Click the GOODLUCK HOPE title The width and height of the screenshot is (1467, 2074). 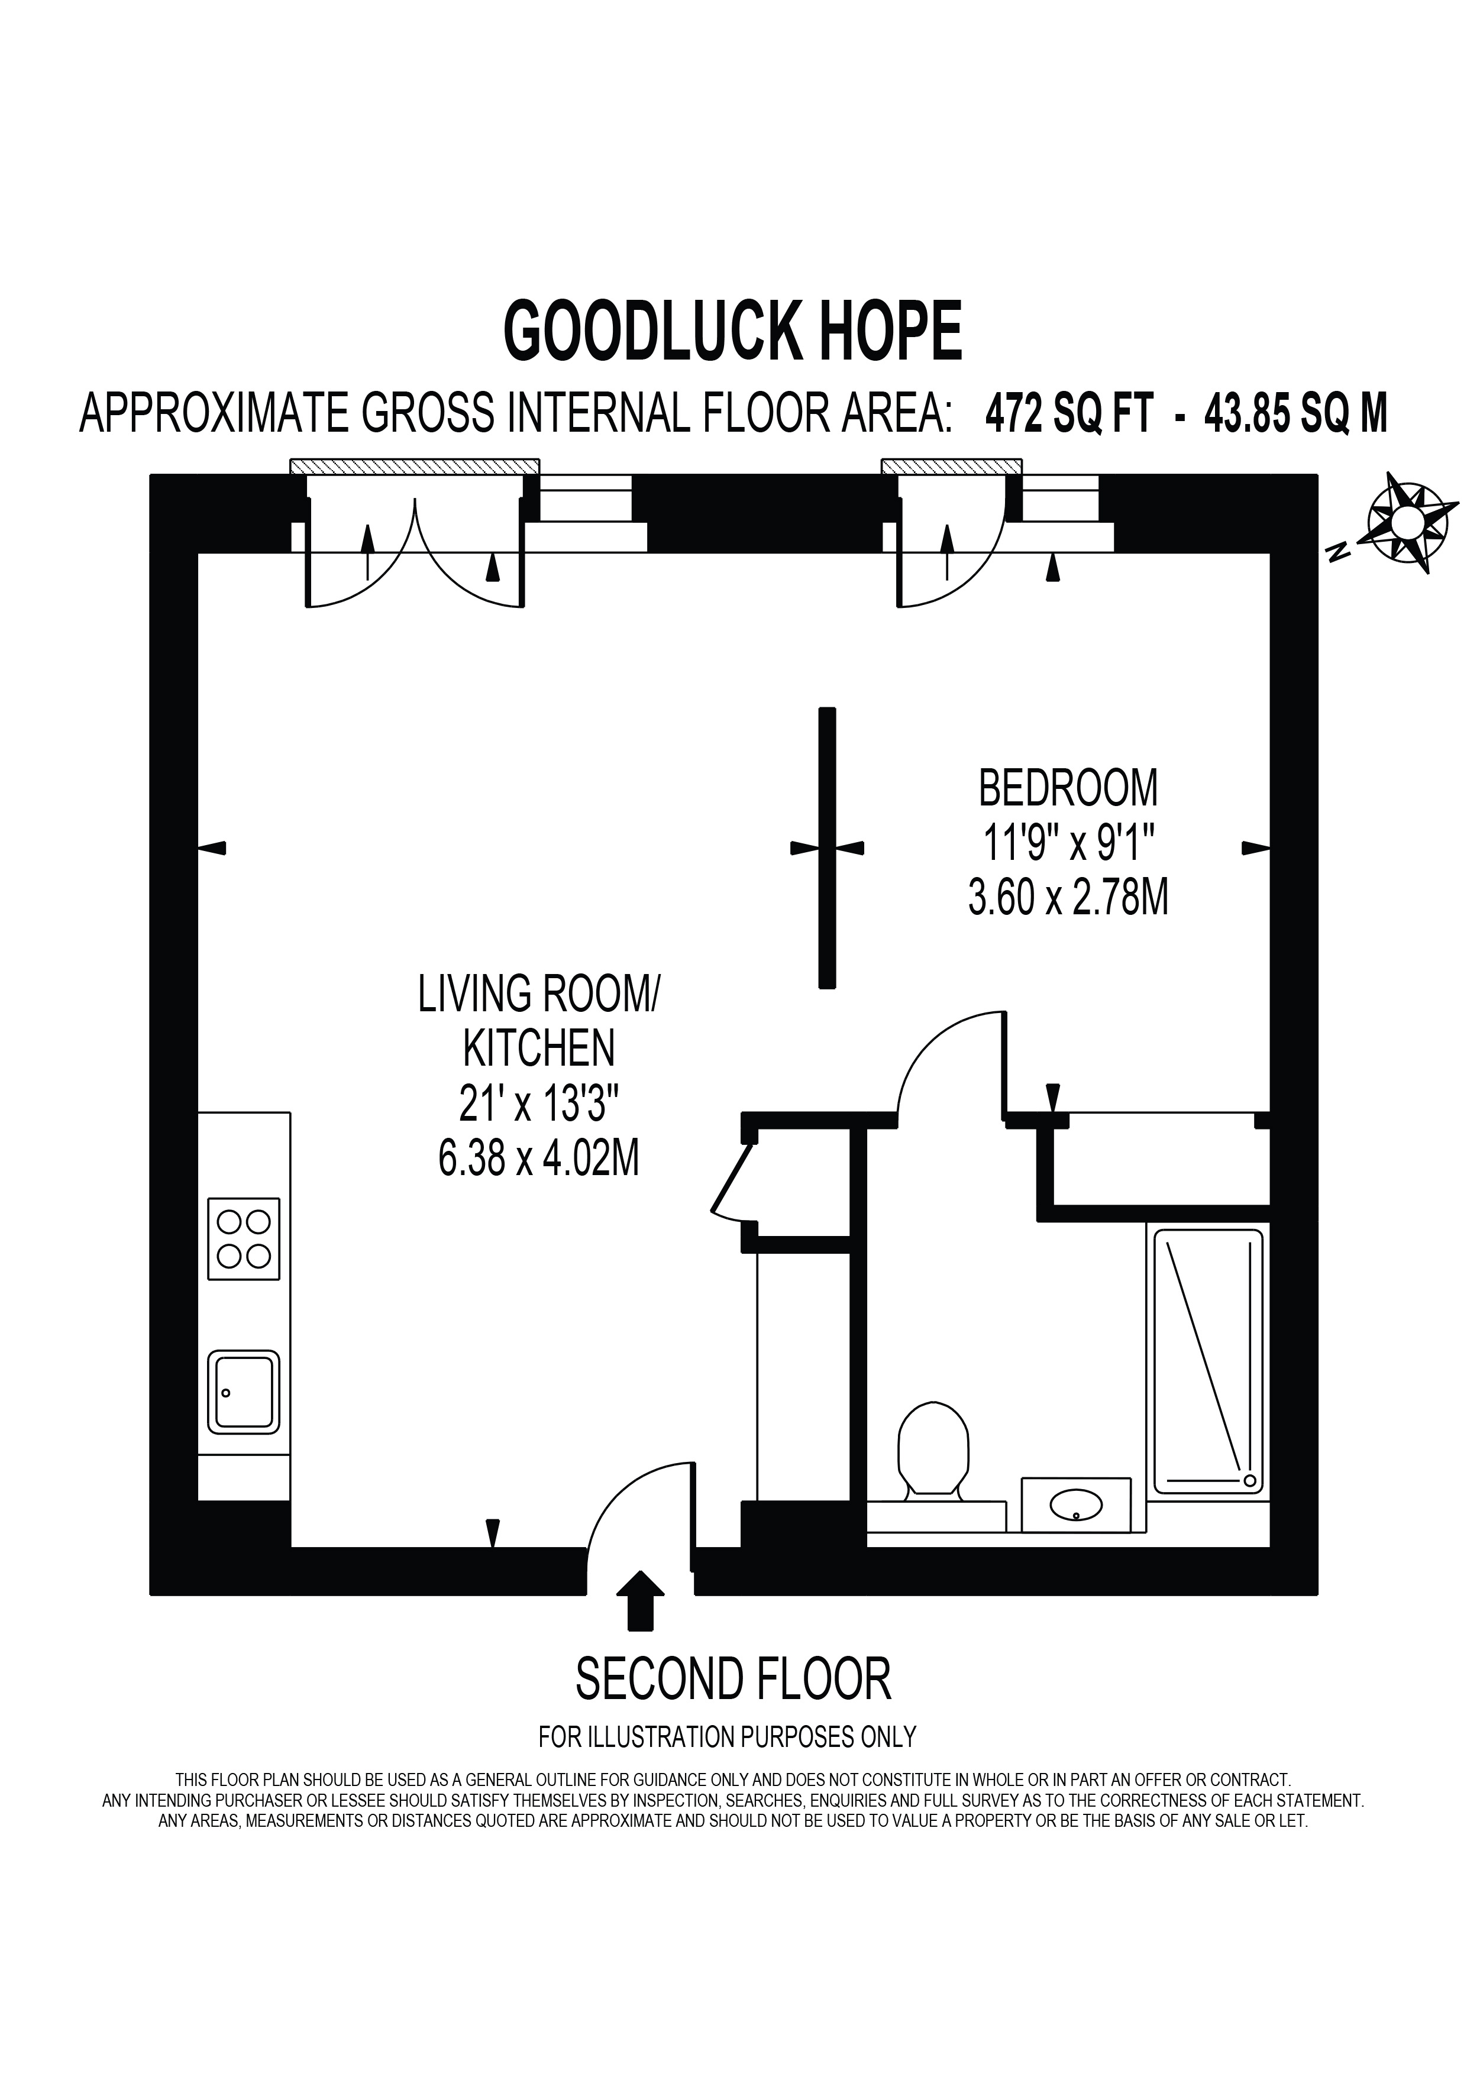pyautogui.click(x=732, y=332)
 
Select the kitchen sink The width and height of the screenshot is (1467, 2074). pyautogui.click(x=244, y=1392)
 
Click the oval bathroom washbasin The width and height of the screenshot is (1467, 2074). pyautogui.click(x=1076, y=1505)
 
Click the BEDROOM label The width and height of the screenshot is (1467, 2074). pyautogui.click(x=1068, y=788)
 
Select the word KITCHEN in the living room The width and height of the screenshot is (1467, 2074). pyautogui.click(x=539, y=1049)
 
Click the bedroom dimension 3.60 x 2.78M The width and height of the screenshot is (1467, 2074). pyautogui.click(x=1068, y=899)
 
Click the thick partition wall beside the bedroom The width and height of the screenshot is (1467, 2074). pyautogui.click(x=826, y=847)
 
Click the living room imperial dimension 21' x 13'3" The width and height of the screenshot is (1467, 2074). pyautogui.click(x=539, y=1104)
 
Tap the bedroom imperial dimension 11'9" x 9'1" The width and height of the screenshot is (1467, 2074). pyautogui.click(x=1068, y=844)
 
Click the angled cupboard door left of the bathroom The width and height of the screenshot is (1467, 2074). pyautogui.click(x=732, y=1180)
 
